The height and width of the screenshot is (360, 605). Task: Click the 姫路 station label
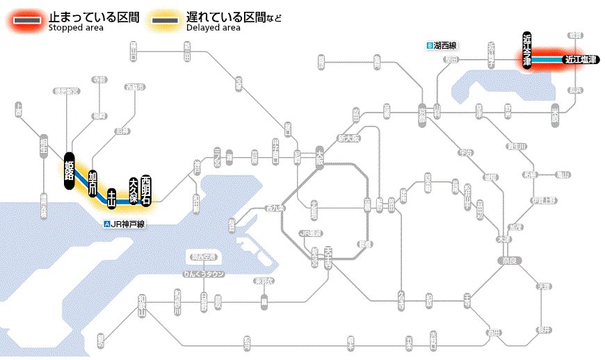[68, 167]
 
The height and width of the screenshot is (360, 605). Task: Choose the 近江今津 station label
[527, 49]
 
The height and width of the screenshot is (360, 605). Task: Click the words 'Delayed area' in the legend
[213, 28]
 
